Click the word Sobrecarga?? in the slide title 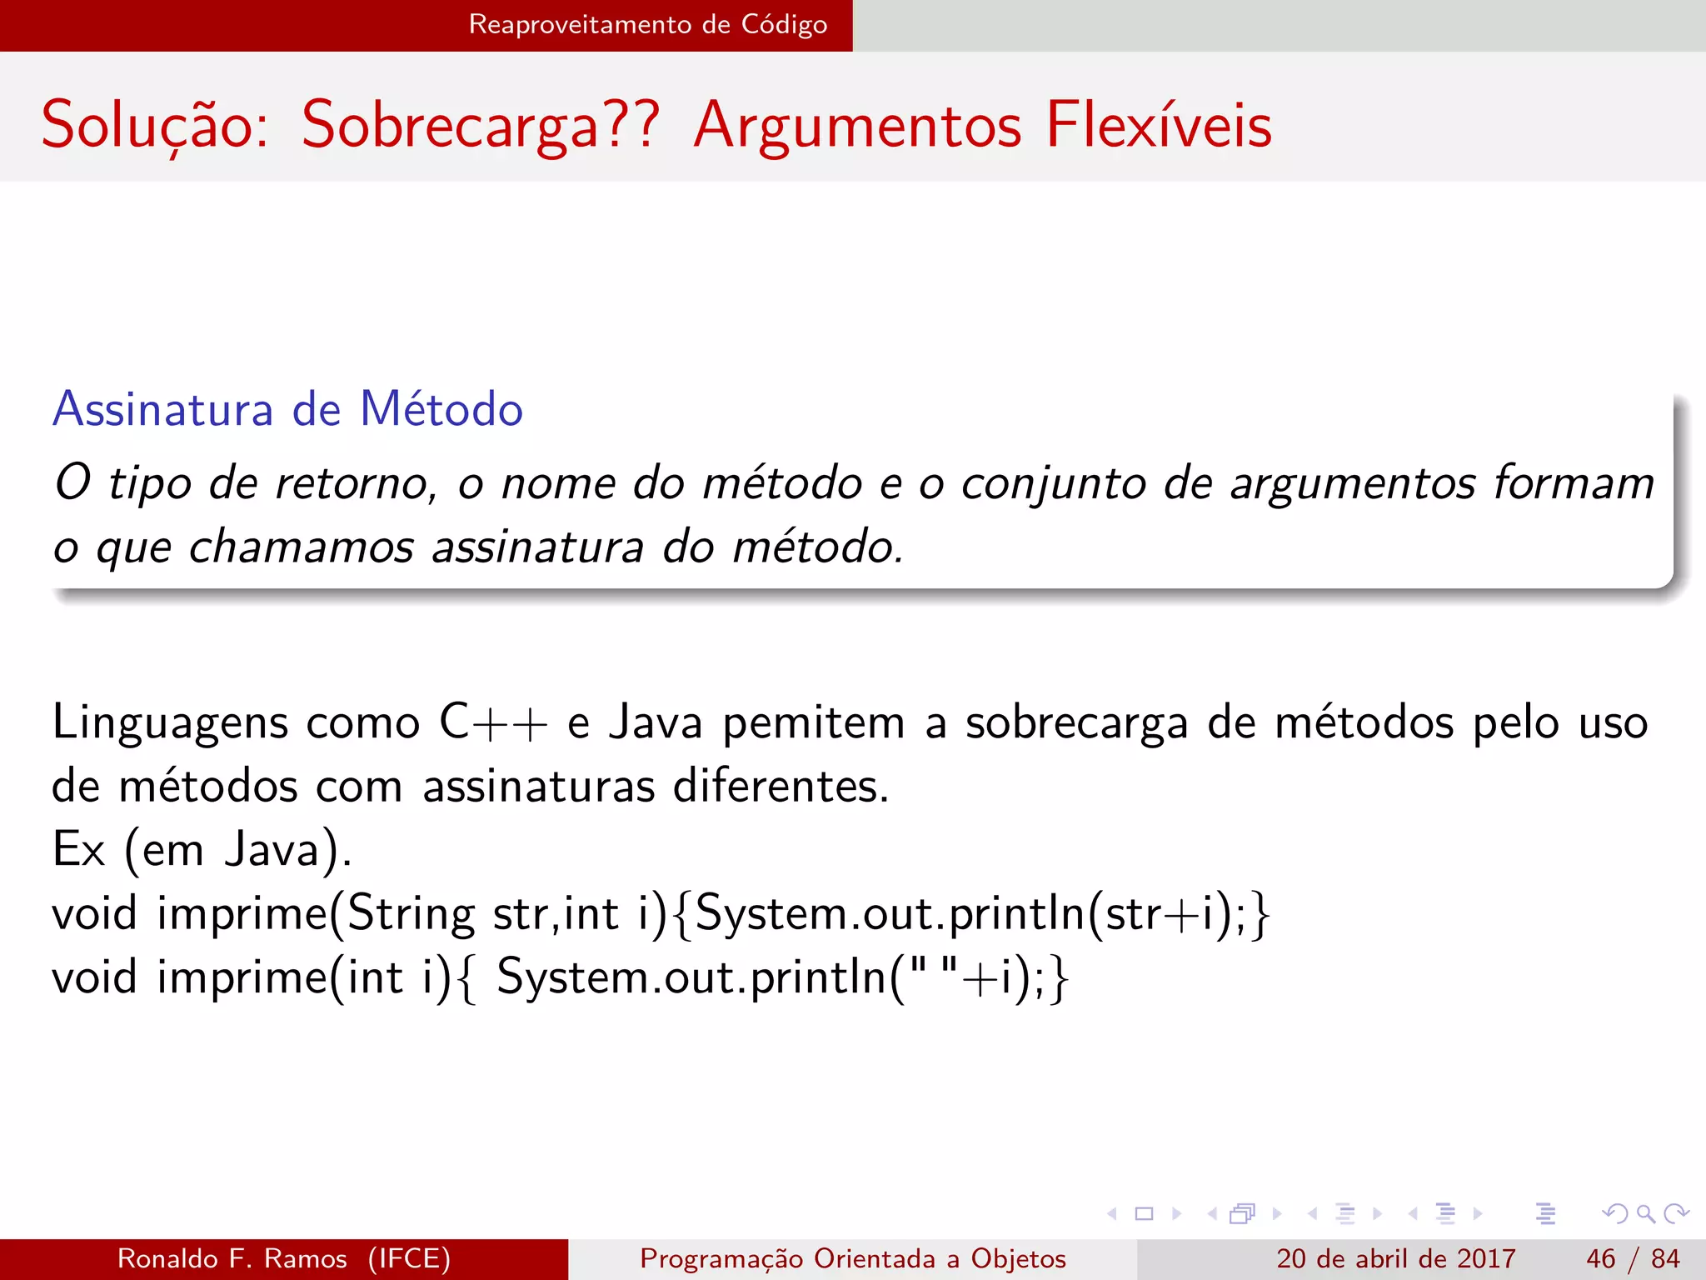(481, 125)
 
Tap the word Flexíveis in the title (1159, 125)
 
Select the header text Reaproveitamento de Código (648, 24)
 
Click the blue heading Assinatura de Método (288, 409)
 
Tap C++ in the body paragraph (493, 722)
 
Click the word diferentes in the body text (781, 786)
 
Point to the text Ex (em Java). (202, 850)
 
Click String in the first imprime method (411, 914)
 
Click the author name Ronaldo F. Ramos (232, 1258)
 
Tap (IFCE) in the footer (409, 1258)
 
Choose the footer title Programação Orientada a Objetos (853, 1258)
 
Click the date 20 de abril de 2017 (1395, 1258)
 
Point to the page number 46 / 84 (1633, 1258)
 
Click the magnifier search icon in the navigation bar (1645, 1213)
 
